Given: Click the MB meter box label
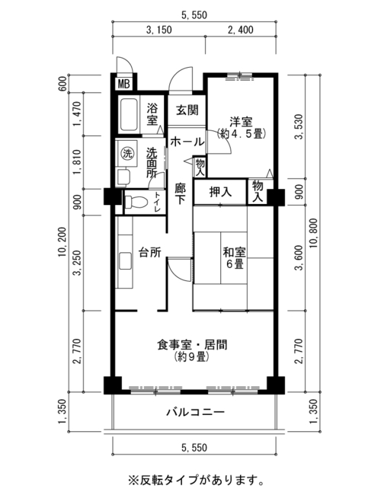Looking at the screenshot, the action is click(124, 84).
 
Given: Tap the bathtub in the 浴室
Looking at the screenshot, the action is click(129, 115).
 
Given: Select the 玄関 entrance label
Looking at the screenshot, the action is click(187, 110).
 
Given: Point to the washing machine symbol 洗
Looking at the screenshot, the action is click(127, 153).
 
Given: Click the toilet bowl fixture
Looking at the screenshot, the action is click(136, 202).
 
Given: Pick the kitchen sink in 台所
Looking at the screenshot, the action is click(126, 260).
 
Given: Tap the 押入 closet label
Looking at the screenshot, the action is click(220, 192).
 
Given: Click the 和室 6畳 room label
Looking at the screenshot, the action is click(234, 258).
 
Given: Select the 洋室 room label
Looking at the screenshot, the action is click(241, 122).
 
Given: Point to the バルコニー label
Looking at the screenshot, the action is click(196, 412).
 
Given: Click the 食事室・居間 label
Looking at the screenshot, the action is click(192, 344).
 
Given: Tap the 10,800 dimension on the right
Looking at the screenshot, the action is click(313, 233).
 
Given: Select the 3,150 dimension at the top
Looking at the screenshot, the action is click(159, 30).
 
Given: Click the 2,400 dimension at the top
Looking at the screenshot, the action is click(241, 30).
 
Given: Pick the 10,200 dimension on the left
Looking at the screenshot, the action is click(62, 242).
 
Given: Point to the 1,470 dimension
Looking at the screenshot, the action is click(78, 113).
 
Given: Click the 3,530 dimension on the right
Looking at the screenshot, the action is click(299, 126).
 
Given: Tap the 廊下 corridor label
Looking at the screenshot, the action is click(181, 194).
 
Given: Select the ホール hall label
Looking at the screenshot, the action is click(187, 142).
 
